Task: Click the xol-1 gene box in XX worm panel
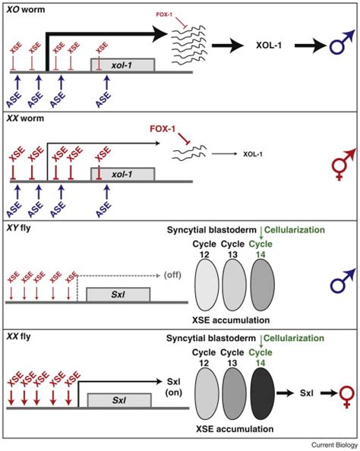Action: (x=124, y=175)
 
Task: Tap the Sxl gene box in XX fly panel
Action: (x=117, y=399)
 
